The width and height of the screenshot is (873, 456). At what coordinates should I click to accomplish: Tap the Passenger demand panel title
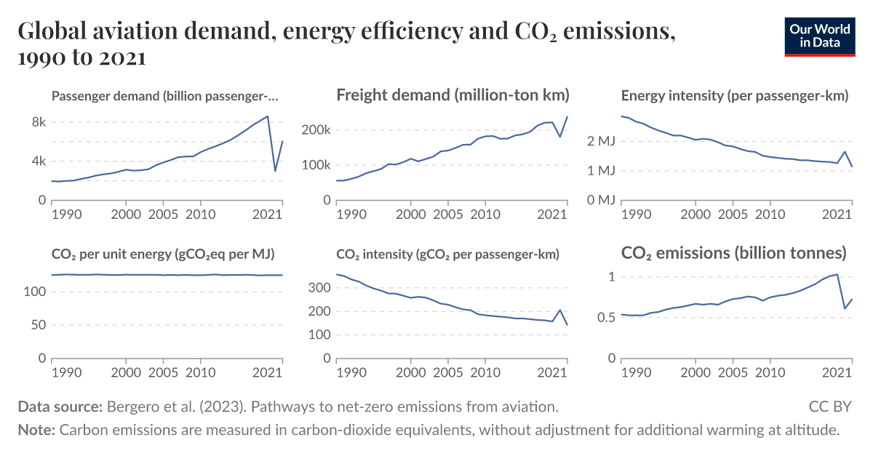coord(165,96)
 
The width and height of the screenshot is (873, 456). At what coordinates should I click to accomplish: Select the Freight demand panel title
coord(453,95)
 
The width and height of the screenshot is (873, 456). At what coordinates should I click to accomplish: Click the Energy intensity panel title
coord(735,96)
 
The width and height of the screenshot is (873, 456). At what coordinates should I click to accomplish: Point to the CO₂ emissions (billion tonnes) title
coord(734,253)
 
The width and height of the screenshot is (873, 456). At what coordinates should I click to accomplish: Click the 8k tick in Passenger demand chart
coord(38,122)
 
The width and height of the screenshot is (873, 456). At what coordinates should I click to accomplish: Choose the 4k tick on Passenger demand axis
coord(38,161)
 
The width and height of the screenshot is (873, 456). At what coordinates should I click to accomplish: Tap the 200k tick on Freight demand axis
coord(316,130)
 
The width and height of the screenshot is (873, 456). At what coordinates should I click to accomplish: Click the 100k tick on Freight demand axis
coord(316,165)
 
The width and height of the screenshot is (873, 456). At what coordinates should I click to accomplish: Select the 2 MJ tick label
coord(601,141)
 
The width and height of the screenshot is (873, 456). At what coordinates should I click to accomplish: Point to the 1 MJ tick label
coord(601,171)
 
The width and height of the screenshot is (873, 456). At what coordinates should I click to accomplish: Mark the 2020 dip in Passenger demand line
coord(275,172)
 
